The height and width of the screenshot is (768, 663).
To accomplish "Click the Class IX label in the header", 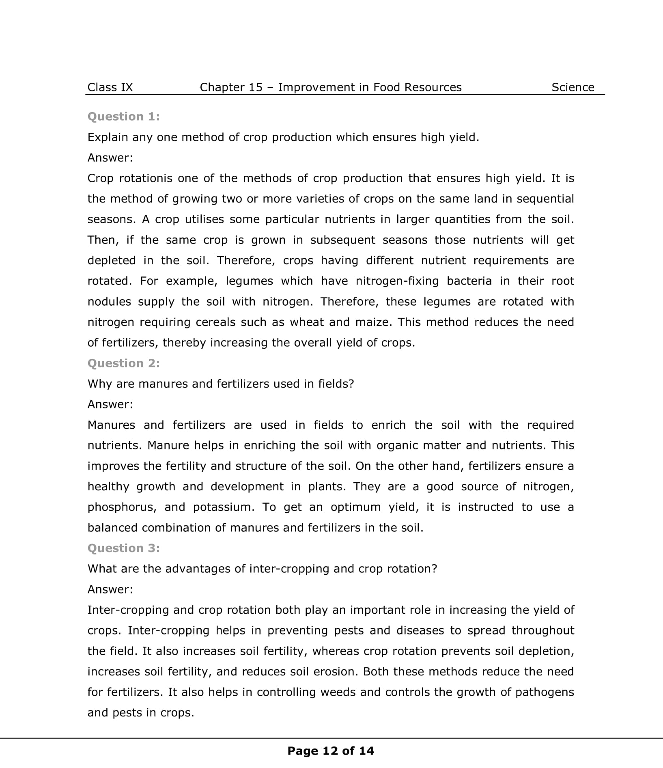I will (110, 87).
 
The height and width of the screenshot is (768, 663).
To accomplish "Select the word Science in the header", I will (573, 87).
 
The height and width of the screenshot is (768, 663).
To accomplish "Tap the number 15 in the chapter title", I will (255, 87).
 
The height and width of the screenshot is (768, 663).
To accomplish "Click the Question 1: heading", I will (124, 116).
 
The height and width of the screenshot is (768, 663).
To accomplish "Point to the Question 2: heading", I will (124, 363).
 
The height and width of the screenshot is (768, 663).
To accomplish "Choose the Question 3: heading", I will (124, 548).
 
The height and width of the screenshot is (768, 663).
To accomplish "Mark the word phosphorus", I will (122, 507).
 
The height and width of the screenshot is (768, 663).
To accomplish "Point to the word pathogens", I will (545, 692).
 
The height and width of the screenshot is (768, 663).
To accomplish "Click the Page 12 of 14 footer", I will (331, 751).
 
